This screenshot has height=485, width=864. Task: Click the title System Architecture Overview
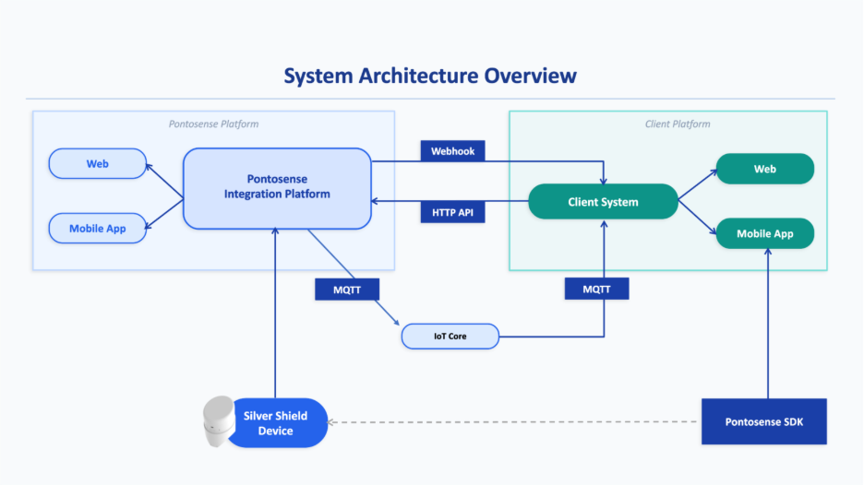click(x=430, y=76)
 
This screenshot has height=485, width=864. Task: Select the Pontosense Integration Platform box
click(x=277, y=187)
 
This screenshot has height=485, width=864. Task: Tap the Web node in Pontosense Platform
click(x=98, y=164)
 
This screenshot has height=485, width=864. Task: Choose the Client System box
click(x=603, y=202)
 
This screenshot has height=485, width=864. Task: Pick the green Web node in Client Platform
click(x=765, y=170)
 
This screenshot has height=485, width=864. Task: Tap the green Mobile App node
click(x=765, y=234)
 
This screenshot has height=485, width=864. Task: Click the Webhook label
click(x=452, y=151)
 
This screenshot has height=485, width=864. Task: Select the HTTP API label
click(x=452, y=213)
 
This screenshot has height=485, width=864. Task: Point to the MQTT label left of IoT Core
click(x=342, y=289)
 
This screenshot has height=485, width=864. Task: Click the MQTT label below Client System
click(x=596, y=289)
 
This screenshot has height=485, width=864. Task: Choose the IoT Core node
click(x=450, y=337)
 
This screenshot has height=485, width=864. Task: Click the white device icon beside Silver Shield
click(x=218, y=423)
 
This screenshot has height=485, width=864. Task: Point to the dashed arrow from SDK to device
click(x=517, y=423)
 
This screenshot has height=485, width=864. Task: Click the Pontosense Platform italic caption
click(x=213, y=124)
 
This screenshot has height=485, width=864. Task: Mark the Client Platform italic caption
click(x=678, y=124)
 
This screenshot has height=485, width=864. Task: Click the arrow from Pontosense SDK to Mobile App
click(x=766, y=323)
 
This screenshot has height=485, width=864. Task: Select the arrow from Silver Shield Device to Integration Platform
click(x=275, y=313)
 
